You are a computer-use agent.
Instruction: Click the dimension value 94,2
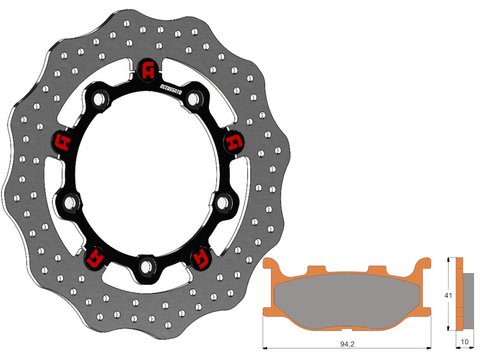(347, 344)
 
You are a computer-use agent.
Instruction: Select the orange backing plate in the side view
(459, 294)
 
